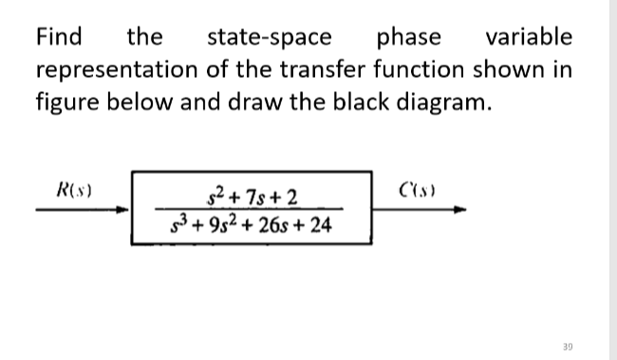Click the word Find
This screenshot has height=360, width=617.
[59, 38]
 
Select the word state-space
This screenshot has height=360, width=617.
[270, 38]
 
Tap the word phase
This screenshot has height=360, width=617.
[409, 38]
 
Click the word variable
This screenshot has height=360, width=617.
[528, 38]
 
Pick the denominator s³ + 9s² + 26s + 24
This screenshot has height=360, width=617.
[249, 226]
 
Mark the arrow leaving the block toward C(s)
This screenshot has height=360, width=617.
[418, 211]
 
